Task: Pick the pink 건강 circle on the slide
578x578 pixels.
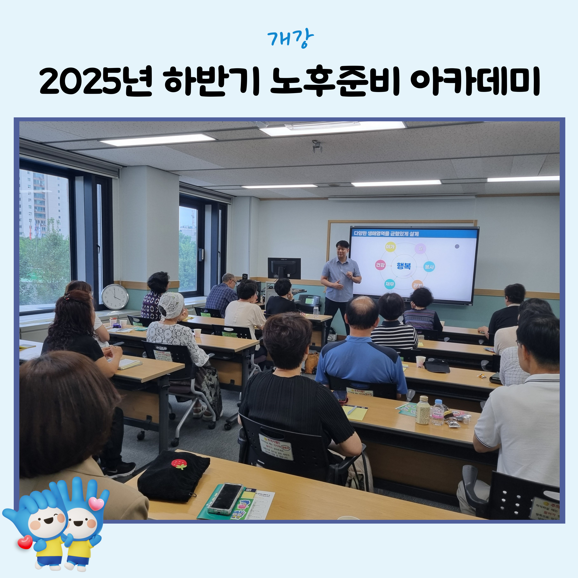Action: (380, 265)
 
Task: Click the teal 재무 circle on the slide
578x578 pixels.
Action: (390, 284)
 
